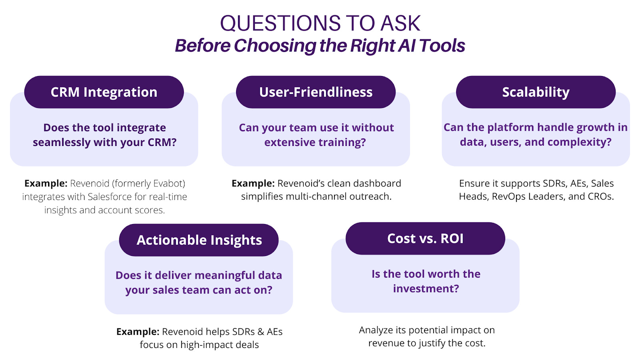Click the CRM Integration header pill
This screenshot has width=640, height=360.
104,92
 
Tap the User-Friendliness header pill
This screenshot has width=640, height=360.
316,92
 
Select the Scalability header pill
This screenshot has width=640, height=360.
536,92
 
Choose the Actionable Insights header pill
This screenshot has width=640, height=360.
199,240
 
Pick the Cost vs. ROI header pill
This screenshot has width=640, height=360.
426,238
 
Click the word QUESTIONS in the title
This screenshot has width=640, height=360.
280,24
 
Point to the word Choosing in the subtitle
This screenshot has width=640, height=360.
275,46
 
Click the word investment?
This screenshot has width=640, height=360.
426,288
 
